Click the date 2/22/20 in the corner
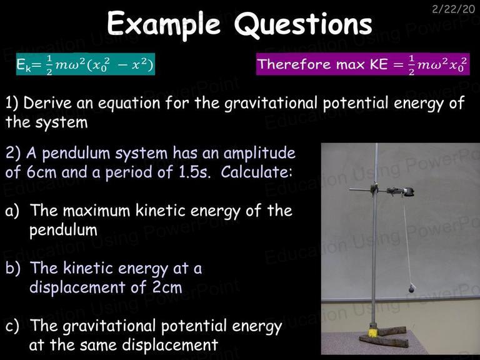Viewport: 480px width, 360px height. (453, 9)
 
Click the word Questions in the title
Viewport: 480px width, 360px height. (303, 24)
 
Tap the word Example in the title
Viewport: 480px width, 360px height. (164, 24)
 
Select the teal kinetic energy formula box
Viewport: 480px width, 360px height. (86, 64)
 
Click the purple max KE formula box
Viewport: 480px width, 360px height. (362, 64)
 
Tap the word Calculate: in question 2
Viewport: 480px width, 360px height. (256, 172)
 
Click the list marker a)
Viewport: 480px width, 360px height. (12, 211)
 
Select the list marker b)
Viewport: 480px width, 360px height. (13, 268)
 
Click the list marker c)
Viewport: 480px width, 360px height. (12, 326)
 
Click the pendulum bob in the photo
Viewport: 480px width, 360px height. (412, 288)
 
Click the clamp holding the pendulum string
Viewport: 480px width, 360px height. (401, 192)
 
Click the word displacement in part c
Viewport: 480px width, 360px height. (170, 346)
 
